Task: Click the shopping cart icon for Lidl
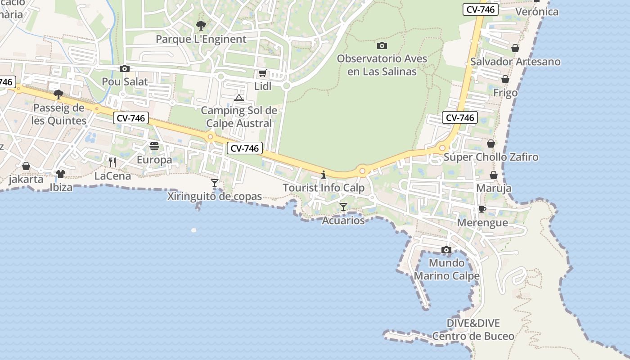pyautogui.click(x=262, y=73)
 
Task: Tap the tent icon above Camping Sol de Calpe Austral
pyautogui.click(x=239, y=98)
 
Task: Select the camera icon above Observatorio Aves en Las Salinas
pyautogui.click(x=382, y=45)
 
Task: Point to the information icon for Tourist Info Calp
pyautogui.click(x=323, y=175)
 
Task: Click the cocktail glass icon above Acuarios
pyautogui.click(x=343, y=207)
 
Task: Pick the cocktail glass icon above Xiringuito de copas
pyautogui.click(x=215, y=183)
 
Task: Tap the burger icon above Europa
pyautogui.click(x=154, y=146)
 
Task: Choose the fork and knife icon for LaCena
pyautogui.click(x=112, y=162)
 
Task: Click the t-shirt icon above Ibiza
pyautogui.click(x=61, y=174)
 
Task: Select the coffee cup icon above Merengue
pyautogui.click(x=482, y=209)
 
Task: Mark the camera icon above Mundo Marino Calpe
pyautogui.click(x=446, y=250)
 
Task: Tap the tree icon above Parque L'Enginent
pyautogui.click(x=201, y=26)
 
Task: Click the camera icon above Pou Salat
pyautogui.click(x=125, y=68)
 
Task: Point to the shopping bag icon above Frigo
pyautogui.click(x=505, y=79)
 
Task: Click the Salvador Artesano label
pyautogui.click(x=515, y=62)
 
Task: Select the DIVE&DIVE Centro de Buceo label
pyautogui.click(x=473, y=329)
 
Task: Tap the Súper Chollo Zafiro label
pyautogui.click(x=491, y=157)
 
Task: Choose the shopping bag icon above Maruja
pyautogui.click(x=494, y=175)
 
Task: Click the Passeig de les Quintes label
pyautogui.click(x=59, y=114)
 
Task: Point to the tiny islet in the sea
pyautogui.click(x=194, y=230)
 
